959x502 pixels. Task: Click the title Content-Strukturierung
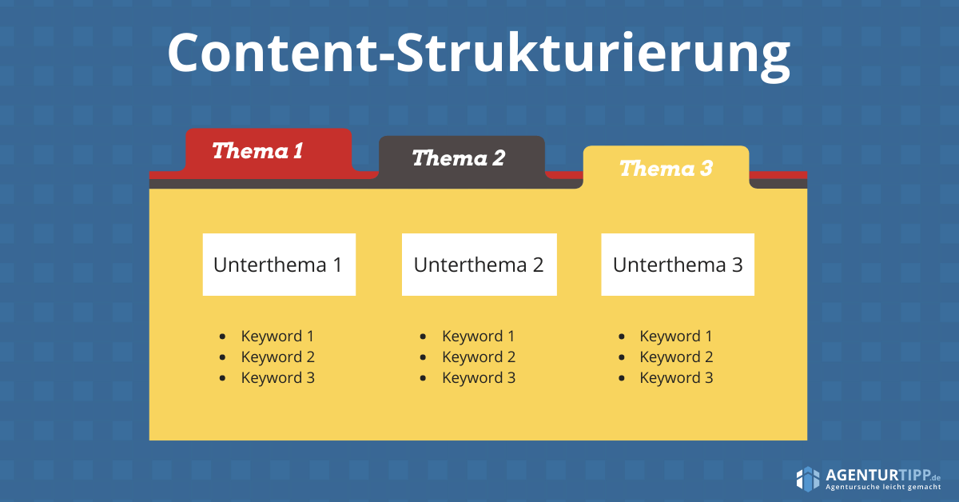tap(479, 55)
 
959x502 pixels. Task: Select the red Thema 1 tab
tap(269, 151)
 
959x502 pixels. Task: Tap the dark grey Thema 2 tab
tap(462, 158)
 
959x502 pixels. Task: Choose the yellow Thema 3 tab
tap(667, 168)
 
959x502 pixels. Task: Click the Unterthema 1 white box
tap(279, 265)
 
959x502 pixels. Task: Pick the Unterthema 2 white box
tap(479, 265)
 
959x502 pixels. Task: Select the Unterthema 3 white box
tap(678, 265)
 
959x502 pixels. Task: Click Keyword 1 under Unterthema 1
tap(277, 337)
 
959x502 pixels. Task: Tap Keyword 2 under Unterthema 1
tap(278, 357)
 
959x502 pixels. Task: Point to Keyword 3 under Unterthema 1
tap(278, 377)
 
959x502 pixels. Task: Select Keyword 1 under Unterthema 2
tap(478, 337)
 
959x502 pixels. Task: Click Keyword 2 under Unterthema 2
tap(479, 357)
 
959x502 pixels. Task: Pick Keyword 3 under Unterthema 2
tap(479, 377)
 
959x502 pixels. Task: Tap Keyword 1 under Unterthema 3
tap(676, 337)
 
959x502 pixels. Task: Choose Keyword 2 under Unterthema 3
tap(676, 357)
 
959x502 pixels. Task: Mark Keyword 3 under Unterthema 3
tap(676, 377)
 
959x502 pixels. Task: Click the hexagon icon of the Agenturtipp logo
tap(808, 480)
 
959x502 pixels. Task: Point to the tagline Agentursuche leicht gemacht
tap(883, 487)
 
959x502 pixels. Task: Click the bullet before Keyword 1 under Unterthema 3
tap(622, 337)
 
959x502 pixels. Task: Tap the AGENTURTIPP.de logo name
tap(883, 475)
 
